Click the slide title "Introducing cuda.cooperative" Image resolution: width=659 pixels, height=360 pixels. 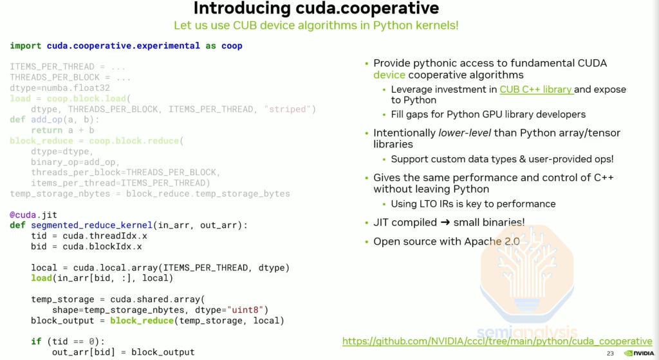pyautogui.click(x=316, y=8)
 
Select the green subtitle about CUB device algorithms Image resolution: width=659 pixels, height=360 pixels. pyautogui.click(x=316, y=26)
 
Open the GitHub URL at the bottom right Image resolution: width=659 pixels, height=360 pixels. pyautogui.click(x=497, y=341)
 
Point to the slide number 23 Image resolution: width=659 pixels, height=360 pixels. pyautogui.click(x=610, y=354)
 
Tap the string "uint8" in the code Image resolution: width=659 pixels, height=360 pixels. pyautogui.click(x=249, y=310)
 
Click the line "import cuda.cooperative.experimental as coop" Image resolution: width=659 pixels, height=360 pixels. pyautogui.click(x=126, y=46)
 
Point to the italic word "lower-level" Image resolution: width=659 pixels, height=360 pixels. pyautogui.click(x=463, y=133)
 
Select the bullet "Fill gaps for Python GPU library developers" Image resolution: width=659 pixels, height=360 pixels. pyautogui.click(x=488, y=114)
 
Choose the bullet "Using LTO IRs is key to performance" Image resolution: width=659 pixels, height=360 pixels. pyautogui.click(x=473, y=204)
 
